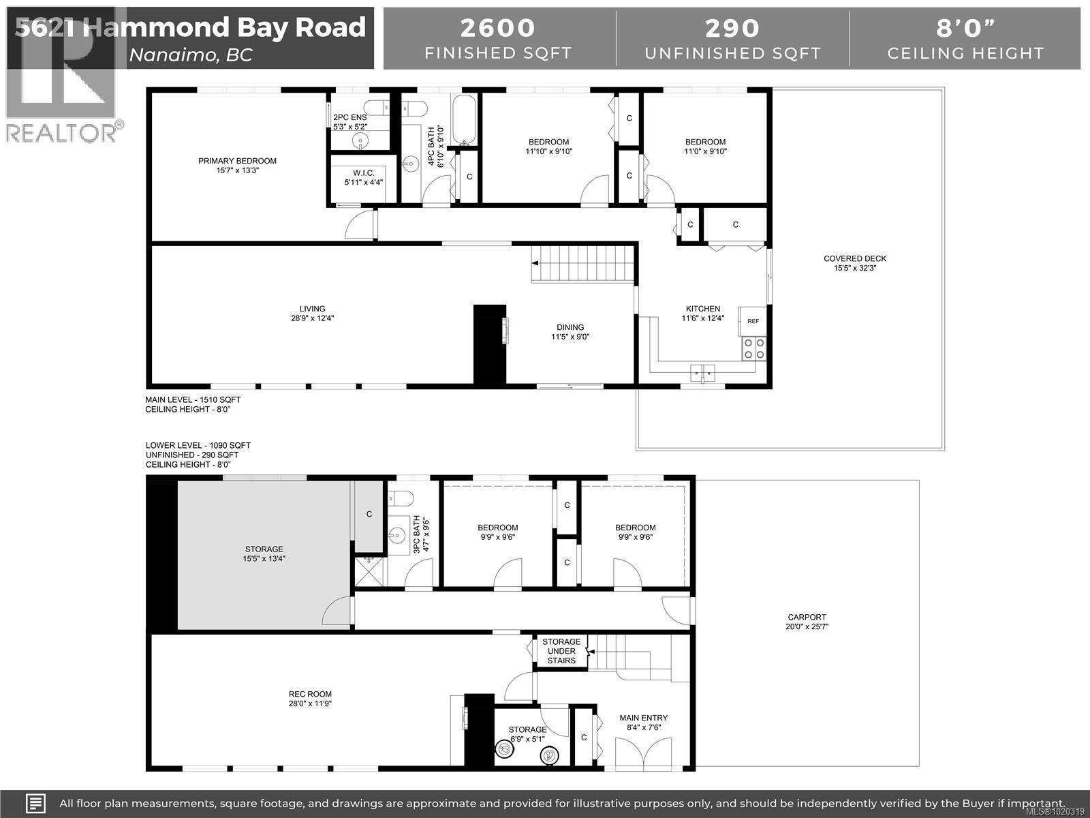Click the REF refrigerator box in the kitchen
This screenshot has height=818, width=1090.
click(753, 321)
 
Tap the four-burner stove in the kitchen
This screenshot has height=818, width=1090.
click(753, 348)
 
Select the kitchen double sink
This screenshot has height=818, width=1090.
click(702, 372)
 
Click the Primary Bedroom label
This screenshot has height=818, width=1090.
click(237, 161)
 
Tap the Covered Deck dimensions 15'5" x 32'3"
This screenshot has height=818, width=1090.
click(855, 268)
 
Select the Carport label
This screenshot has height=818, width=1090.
click(807, 617)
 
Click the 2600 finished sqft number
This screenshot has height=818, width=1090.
click(498, 28)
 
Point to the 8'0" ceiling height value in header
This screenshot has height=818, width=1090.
click(965, 28)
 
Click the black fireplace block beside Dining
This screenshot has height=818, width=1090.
click(490, 345)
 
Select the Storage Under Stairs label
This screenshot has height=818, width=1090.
click(561, 651)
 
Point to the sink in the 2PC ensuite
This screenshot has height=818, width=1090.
click(360, 140)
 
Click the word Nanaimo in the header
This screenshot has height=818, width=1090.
click(172, 55)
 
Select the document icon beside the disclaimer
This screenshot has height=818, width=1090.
click(35, 803)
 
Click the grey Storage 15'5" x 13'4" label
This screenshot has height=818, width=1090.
click(264, 554)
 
